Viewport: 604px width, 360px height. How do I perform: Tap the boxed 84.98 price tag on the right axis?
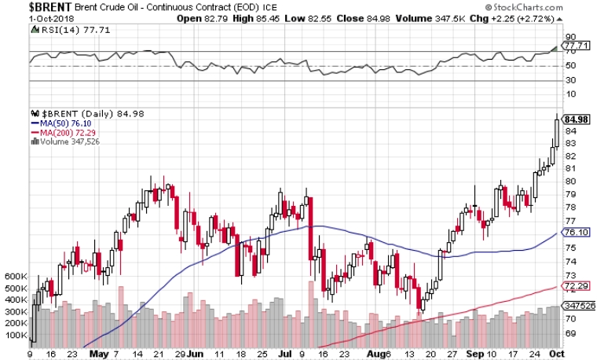coord(576,119)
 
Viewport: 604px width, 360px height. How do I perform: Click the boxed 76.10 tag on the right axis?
coord(576,232)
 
